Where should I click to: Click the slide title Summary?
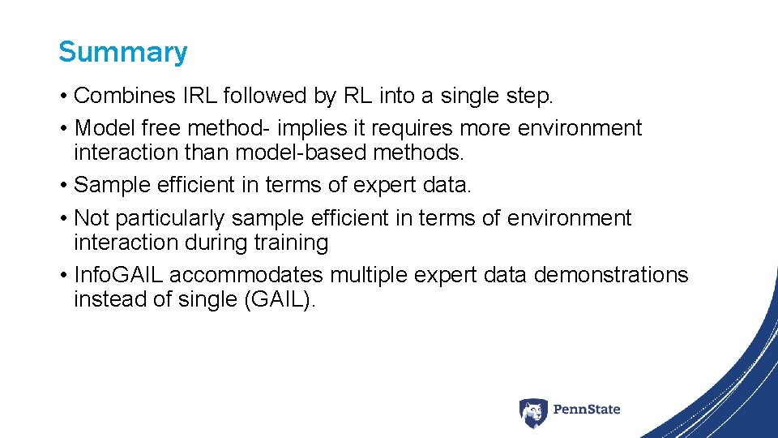pos(122,52)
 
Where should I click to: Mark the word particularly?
pos(170,219)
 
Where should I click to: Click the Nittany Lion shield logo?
pos(532,412)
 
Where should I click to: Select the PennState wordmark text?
pos(587,410)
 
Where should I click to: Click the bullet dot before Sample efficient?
pos(63,186)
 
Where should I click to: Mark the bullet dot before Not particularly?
pos(63,219)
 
